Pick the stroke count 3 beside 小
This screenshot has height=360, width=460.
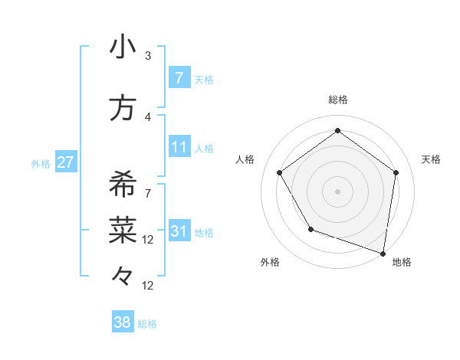pyautogui.click(x=148, y=56)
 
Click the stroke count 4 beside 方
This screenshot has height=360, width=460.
pyautogui.click(x=148, y=117)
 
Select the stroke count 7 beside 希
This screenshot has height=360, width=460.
pyautogui.click(x=148, y=194)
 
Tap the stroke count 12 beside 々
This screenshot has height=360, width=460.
pyautogui.click(x=148, y=286)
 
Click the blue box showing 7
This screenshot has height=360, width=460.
pyautogui.click(x=179, y=77)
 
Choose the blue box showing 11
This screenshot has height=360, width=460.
pyautogui.click(x=179, y=146)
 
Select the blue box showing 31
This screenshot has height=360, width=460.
pyautogui.click(x=179, y=231)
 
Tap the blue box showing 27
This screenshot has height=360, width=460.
pyautogui.click(x=65, y=162)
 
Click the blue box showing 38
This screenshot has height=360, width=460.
pyautogui.click(x=122, y=322)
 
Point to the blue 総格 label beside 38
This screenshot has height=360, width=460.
pyautogui.click(x=148, y=324)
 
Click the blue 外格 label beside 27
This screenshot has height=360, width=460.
pyautogui.click(x=41, y=163)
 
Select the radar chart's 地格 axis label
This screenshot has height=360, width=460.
pyautogui.click(x=402, y=262)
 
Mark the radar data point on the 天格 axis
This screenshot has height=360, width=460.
pyautogui.click(x=396, y=172)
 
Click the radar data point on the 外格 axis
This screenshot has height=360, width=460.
pyautogui.click(x=310, y=229)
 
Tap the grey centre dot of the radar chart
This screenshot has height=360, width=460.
pyautogui.click(x=337, y=191)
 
